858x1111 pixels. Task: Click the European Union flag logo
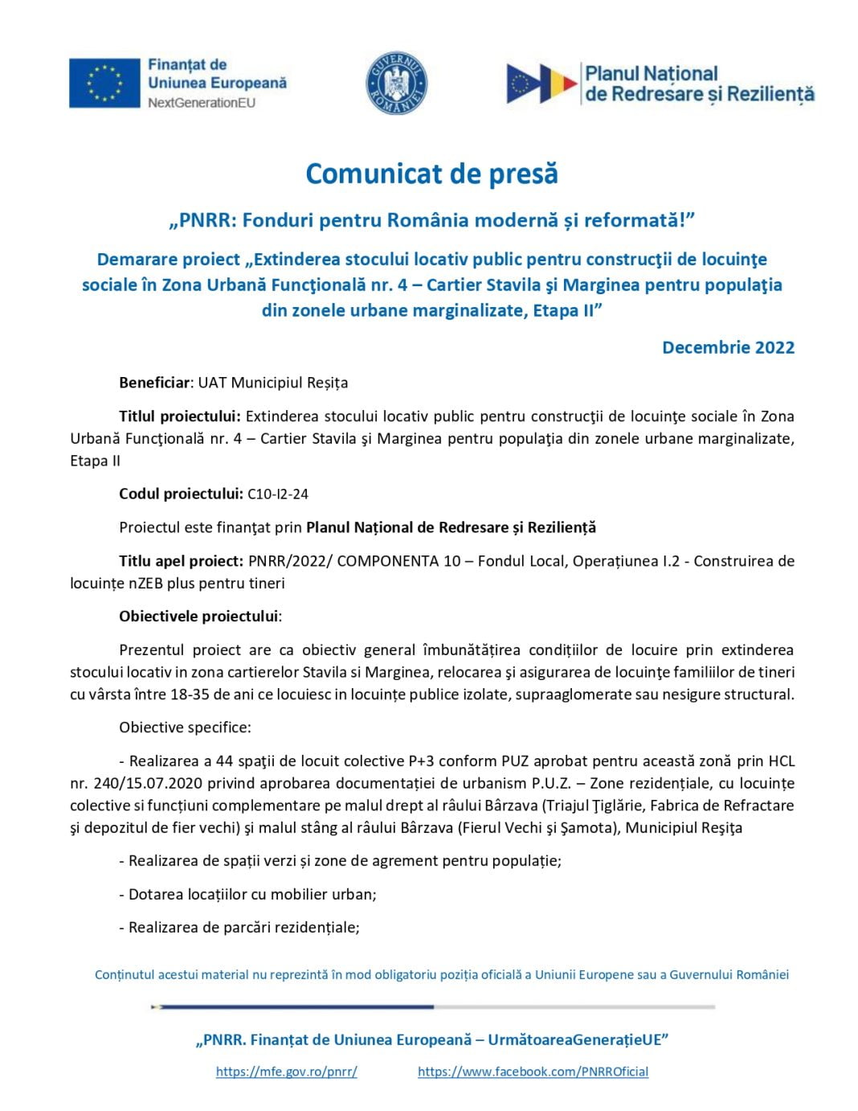pos(104,83)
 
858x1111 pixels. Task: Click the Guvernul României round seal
pos(396,84)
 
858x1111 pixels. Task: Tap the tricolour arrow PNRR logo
pos(541,84)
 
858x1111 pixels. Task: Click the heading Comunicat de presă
pos(431,174)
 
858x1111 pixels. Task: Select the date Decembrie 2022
pos(728,347)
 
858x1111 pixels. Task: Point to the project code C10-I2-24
pos(278,494)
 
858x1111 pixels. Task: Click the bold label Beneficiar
pos(155,383)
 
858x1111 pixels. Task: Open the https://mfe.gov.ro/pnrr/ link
pos(286,1072)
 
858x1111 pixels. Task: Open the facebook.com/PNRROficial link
pos(533,1072)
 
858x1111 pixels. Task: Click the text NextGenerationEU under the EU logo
pos(201,103)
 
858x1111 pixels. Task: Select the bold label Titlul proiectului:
pos(180,416)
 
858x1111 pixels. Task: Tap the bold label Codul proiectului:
pos(181,494)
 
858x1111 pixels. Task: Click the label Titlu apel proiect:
pos(181,561)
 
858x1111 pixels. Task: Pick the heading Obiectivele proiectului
pos(199,617)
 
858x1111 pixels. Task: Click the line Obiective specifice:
pos(185,728)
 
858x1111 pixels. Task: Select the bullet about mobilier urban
pos(252,894)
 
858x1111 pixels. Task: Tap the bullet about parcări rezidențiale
pos(243,927)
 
